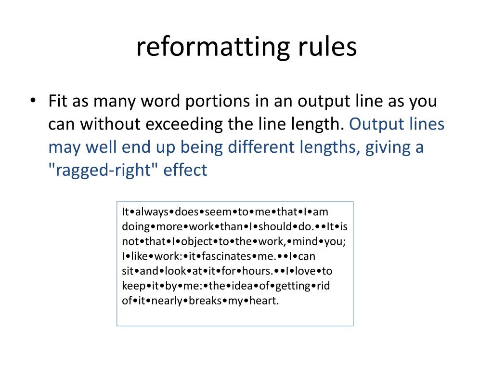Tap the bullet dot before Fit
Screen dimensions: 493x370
(32, 102)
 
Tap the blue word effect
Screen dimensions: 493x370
(186, 170)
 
